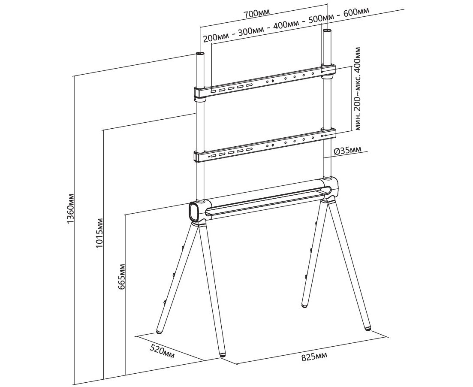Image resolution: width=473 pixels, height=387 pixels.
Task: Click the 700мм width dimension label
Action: pyautogui.click(x=253, y=14)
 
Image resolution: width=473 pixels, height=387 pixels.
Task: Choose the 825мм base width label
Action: pyautogui.click(x=314, y=357)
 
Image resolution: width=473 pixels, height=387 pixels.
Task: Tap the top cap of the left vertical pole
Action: pyautogui.click(x=200, y=54)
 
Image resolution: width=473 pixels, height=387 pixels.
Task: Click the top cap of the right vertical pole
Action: pyautogui.click(x=327, y=31)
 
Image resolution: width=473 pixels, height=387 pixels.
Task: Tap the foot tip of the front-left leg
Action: pyautogui.click(x=222, y=355)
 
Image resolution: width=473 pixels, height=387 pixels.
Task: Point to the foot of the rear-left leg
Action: pyautogui.click(x=159, y=332)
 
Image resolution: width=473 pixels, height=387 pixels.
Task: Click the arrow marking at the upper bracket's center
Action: pyautogui.click(x=273, y=81)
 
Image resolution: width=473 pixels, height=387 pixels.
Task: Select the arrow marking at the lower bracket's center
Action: pyautogui.click(x=273, y=145)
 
